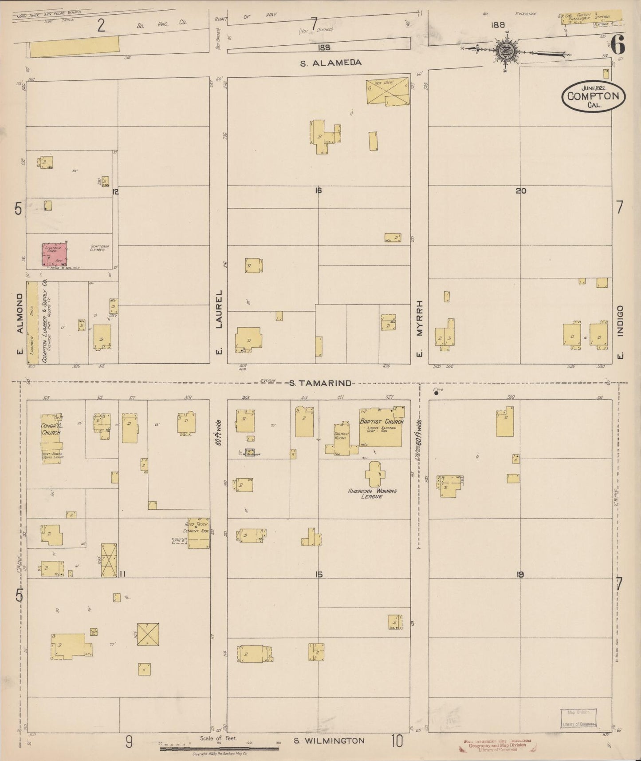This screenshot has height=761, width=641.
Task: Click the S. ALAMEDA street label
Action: tap(330, 63)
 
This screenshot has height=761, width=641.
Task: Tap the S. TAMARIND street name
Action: tap(320, 383)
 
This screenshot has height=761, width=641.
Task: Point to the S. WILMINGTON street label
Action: tap(329, 741)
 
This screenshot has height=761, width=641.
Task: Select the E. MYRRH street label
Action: tap(419, 329)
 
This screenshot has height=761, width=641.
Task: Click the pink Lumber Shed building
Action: tap(55, 254)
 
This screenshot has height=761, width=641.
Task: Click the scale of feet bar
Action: tap(219, 749)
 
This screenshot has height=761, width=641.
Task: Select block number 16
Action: tap(318, 191)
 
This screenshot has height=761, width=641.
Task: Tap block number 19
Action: tap(520, 575)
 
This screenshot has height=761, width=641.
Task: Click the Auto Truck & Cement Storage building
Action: tap(198, 533)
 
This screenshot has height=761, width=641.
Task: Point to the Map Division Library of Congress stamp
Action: tap(577, 718)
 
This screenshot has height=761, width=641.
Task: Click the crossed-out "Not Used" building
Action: tap(387, 91)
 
